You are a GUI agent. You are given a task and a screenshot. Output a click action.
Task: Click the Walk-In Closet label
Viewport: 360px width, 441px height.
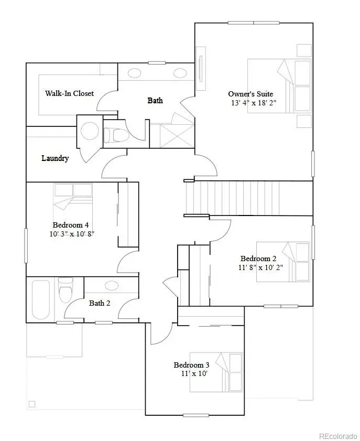[69, 93]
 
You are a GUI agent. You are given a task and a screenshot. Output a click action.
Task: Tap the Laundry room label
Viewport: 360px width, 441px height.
[55, 158]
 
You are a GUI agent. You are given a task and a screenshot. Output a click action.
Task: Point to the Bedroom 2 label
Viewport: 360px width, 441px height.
[258, 259]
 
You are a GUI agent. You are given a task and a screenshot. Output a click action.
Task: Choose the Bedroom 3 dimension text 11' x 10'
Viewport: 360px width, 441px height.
[191, 374]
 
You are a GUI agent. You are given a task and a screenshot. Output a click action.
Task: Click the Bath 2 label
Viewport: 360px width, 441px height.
[100, 303]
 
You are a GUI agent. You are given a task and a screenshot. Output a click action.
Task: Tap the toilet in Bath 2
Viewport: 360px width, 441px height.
[66, 291]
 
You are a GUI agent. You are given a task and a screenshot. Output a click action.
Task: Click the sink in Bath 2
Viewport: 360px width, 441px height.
[112, 285]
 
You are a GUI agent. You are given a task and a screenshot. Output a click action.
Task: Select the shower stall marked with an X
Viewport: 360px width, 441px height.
[176, 136]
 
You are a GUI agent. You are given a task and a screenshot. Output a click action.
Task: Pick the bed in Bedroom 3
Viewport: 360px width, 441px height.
[216, 372]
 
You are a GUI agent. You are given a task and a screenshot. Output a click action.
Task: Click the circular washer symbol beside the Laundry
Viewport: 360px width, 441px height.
[90, 131]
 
